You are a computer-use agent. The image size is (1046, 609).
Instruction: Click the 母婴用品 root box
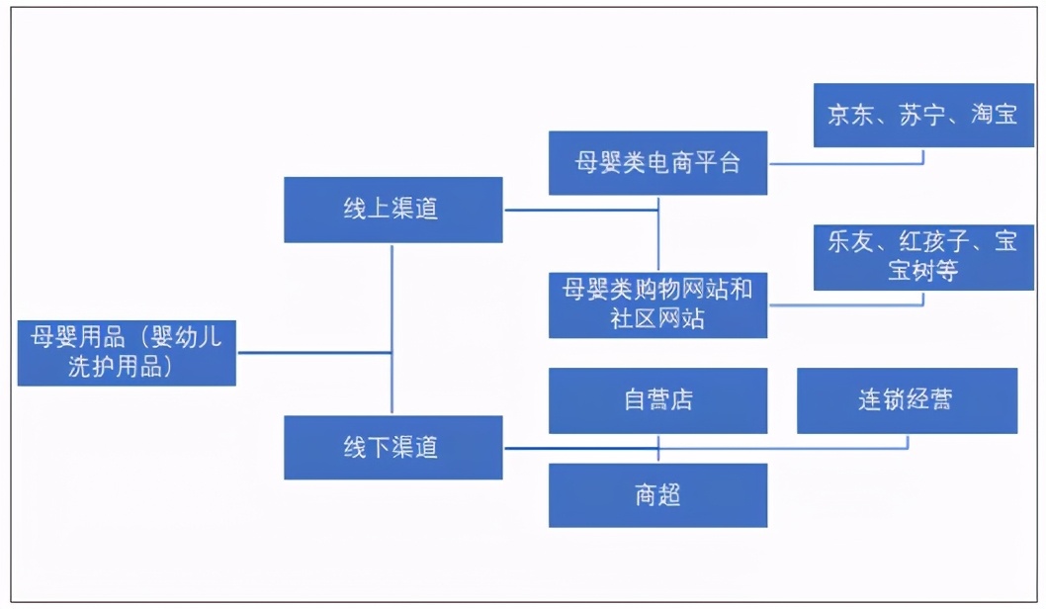click(127, 352)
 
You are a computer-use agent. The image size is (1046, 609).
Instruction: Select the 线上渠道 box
click(392, 210)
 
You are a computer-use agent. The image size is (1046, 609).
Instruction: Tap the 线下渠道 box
click(392, 447)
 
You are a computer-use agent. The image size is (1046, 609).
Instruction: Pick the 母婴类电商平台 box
click(657, 162)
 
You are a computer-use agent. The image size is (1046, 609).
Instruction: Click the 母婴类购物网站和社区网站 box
click(657, 304)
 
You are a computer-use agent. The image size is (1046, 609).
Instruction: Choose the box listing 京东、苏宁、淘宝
click(922, 115)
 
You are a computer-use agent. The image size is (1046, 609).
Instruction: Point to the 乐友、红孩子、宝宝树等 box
click(922, 256)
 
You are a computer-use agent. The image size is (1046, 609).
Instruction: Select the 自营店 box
click(657, 400)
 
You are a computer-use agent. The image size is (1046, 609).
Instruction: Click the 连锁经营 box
click(907, 400)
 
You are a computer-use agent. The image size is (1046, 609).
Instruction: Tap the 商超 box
click(657, 494)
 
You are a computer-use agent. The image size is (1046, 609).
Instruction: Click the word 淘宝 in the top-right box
click(994, 115)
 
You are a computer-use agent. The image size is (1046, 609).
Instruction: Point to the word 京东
click(850, 115)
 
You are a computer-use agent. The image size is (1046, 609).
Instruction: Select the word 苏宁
click(922, 115)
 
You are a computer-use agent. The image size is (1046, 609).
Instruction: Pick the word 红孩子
click(933, 242)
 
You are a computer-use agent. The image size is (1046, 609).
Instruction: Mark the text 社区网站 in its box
click(657, 318)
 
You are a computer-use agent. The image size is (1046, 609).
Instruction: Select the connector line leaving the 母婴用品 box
click(314, 353)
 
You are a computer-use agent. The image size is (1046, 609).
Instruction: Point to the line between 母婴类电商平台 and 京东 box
click(845, 163)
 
